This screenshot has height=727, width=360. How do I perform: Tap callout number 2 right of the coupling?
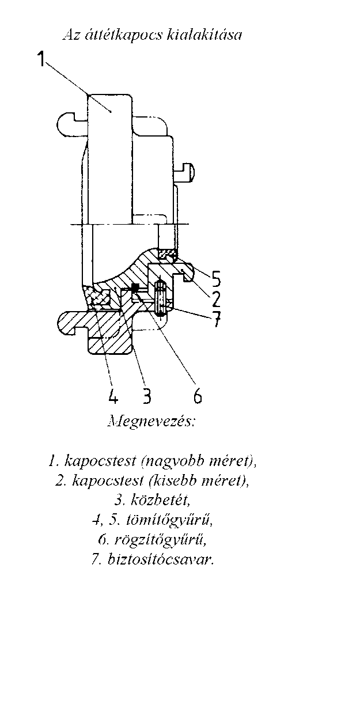pyautogui.click(x=215, y=299)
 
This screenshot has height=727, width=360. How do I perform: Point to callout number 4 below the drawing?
pyautogui.click(x=112, y=395)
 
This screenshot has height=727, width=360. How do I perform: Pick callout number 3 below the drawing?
pyautogui.click(x=147, y=395)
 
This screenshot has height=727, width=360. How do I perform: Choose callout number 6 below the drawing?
pyautogui.click(x=198, y=395)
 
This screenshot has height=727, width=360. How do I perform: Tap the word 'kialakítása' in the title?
pyautogui.click(x=204, y=35)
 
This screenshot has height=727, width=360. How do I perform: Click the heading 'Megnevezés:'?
pyautogui.click(x=151, y=422)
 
